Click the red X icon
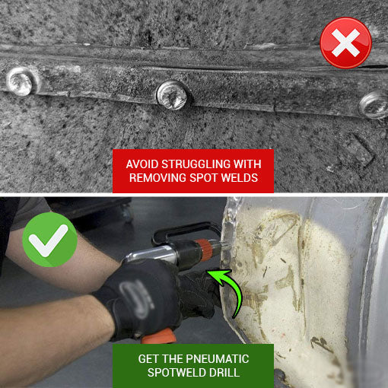pos(345,43)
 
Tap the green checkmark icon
pos(50,240)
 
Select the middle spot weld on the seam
pos(171,94)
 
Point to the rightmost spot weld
pos(374,103)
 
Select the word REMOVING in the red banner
pos(159,179)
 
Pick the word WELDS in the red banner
pos(243,179)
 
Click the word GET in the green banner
pos(151,358)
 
